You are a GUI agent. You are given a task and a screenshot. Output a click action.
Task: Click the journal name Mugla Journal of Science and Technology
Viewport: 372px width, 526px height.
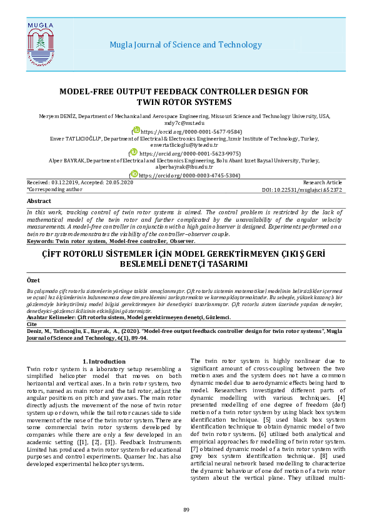[186, 45]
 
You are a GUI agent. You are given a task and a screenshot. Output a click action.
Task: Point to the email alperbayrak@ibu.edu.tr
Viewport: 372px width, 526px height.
[186, 167]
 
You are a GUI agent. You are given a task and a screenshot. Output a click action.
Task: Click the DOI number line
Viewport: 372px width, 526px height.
[313, 189]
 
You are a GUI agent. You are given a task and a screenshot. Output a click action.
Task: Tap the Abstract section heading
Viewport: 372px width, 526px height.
[39, 201]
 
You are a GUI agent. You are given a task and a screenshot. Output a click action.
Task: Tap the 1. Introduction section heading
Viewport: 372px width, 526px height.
[104, 362]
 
